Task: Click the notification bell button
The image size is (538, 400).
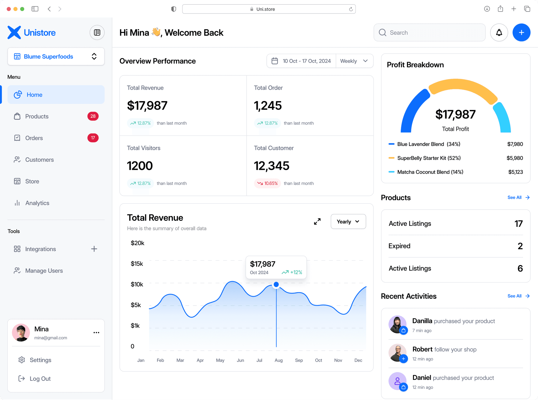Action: point(499,33)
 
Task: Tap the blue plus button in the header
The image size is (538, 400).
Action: point(521,33)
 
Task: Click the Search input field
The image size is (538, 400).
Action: point(430,33)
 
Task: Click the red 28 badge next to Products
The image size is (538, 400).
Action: point(93,116)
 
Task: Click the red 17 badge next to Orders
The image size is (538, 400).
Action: point(93,138)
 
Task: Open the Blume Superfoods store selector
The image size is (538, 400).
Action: point(56,56)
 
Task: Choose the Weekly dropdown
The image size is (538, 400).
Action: point(354,61)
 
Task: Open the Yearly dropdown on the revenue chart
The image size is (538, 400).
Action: point(348,222)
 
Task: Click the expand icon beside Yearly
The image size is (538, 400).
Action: point(317,222)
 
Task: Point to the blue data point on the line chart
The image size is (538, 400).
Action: point(276,284)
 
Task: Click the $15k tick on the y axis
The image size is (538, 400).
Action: point(137,264)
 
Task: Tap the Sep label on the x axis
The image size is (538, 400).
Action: point(299,360)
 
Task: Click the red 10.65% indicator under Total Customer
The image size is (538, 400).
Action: point(267,183)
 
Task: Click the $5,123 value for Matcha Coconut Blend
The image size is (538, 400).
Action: point(515,172)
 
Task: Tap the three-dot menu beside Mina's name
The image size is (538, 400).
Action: point(96,333)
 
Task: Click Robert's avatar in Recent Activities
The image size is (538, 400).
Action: point(397,353)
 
